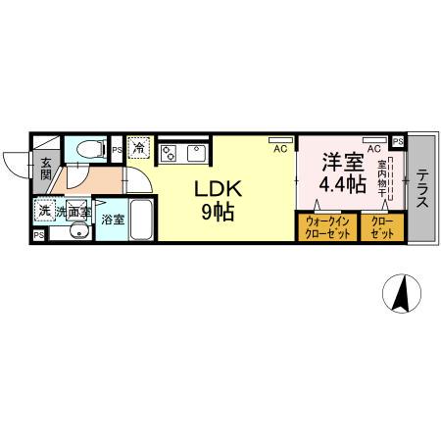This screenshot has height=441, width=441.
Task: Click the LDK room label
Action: pos(219,188)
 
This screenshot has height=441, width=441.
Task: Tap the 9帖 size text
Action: pos(219,212)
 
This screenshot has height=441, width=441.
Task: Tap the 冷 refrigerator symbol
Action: pos(138,149)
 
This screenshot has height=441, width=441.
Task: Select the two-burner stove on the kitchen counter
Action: pos(169,152)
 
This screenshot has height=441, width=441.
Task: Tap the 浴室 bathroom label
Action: pos(112,220)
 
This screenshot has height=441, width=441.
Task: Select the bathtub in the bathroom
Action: pos(140,220)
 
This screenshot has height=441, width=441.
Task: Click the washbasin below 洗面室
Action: pos(76,233)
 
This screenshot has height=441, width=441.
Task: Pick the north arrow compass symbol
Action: pos(400,293)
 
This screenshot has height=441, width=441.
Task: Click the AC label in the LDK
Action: pos(279,148)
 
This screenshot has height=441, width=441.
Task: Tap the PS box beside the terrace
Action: pos(397,141)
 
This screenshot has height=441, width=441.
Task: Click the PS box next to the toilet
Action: pos(117,150)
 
